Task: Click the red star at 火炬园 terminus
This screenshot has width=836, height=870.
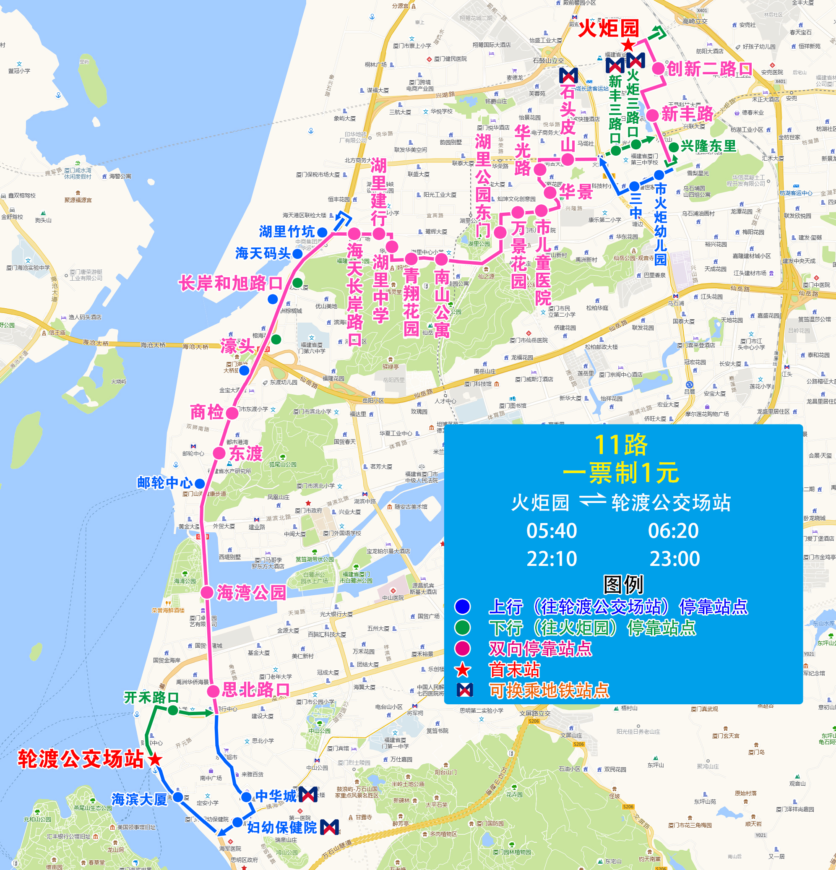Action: [628, 45]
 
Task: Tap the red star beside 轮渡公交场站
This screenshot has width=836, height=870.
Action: [155, 760]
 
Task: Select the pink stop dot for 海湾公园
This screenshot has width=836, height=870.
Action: [207, 593]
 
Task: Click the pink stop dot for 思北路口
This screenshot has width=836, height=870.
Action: [213, 691]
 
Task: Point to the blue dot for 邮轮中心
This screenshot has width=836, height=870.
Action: [200, 483]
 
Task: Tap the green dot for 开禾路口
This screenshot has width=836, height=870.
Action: [173, 710]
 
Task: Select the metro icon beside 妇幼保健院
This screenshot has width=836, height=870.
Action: [329, 827]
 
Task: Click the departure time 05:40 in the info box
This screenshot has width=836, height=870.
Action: [552, 531]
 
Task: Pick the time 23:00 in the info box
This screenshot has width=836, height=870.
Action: [675, 559]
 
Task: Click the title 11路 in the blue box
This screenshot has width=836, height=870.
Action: [621, 445]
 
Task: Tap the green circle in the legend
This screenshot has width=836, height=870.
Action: [463, 628]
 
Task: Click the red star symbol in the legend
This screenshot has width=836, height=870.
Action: [463, 670]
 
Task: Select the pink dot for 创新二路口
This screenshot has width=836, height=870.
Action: [658, 68]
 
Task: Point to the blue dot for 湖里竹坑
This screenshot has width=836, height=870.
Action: [323, 232]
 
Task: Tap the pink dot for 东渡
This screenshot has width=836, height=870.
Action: [219, 453]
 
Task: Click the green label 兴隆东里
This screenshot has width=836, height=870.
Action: [708, 146]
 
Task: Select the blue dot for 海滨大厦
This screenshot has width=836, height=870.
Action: [177, 797]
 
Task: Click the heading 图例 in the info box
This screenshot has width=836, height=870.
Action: [623, 585]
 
